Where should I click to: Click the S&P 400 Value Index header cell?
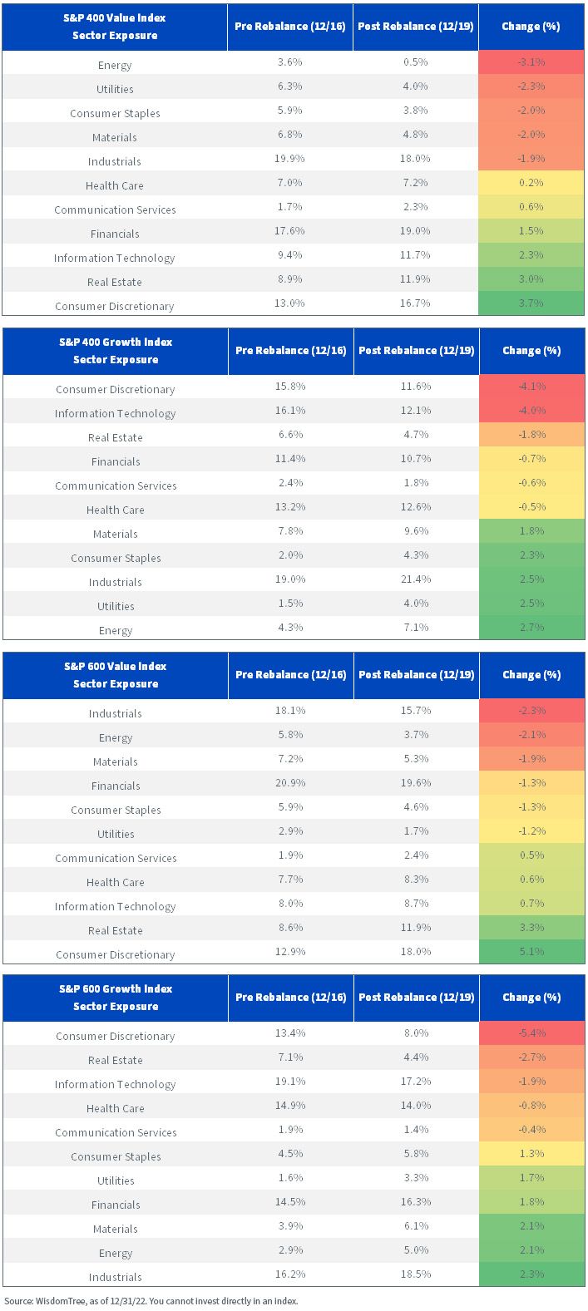click(x=115, y=27)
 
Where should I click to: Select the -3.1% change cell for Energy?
click(x=531, y=62)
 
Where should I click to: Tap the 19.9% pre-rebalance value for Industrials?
click(x=290, y=159)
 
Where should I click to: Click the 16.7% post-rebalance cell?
click(x=415, y=303)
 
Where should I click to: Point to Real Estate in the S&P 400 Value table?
click(x=115, y=282)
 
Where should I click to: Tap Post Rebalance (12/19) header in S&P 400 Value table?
click(x=416, y=27)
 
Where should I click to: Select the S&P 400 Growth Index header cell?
click(x=116, y=351)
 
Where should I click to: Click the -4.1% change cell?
click(x=531, y=387)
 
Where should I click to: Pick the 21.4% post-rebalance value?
click(x=416, y=579)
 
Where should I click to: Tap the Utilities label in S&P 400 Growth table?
click(x=116, y=606)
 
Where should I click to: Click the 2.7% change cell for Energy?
click(x=531, y=628)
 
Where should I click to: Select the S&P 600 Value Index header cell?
click(x=116, y=675)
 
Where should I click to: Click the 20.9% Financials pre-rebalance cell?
click(x=290, y=783)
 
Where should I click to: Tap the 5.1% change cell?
click(x=531, y=952)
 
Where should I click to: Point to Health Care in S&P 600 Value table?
click(x=116, y=883)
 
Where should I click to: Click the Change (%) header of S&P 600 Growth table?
click(x=531, y=998)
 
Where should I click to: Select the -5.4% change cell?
click(x=531, y=1033)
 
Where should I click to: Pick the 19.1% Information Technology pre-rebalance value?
click(x=290, y=1082)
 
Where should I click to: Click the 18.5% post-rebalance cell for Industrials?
click(x=416, y=1274)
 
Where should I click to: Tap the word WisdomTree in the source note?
click(x=61, y=1301)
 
